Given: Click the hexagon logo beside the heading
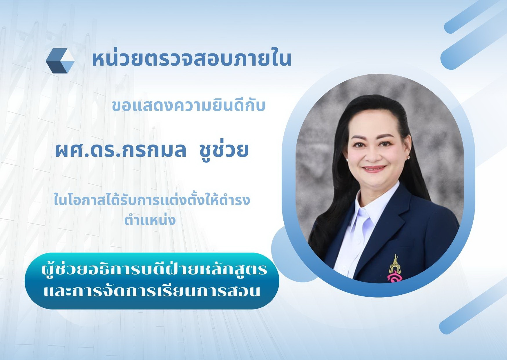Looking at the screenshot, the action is [60, 60].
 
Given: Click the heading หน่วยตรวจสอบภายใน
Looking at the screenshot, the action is [192, 59].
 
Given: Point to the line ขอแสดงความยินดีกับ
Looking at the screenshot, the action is [189, 106].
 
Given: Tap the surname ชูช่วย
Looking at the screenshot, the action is [224, 151].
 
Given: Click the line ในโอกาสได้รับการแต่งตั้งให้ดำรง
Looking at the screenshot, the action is [152, 200].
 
